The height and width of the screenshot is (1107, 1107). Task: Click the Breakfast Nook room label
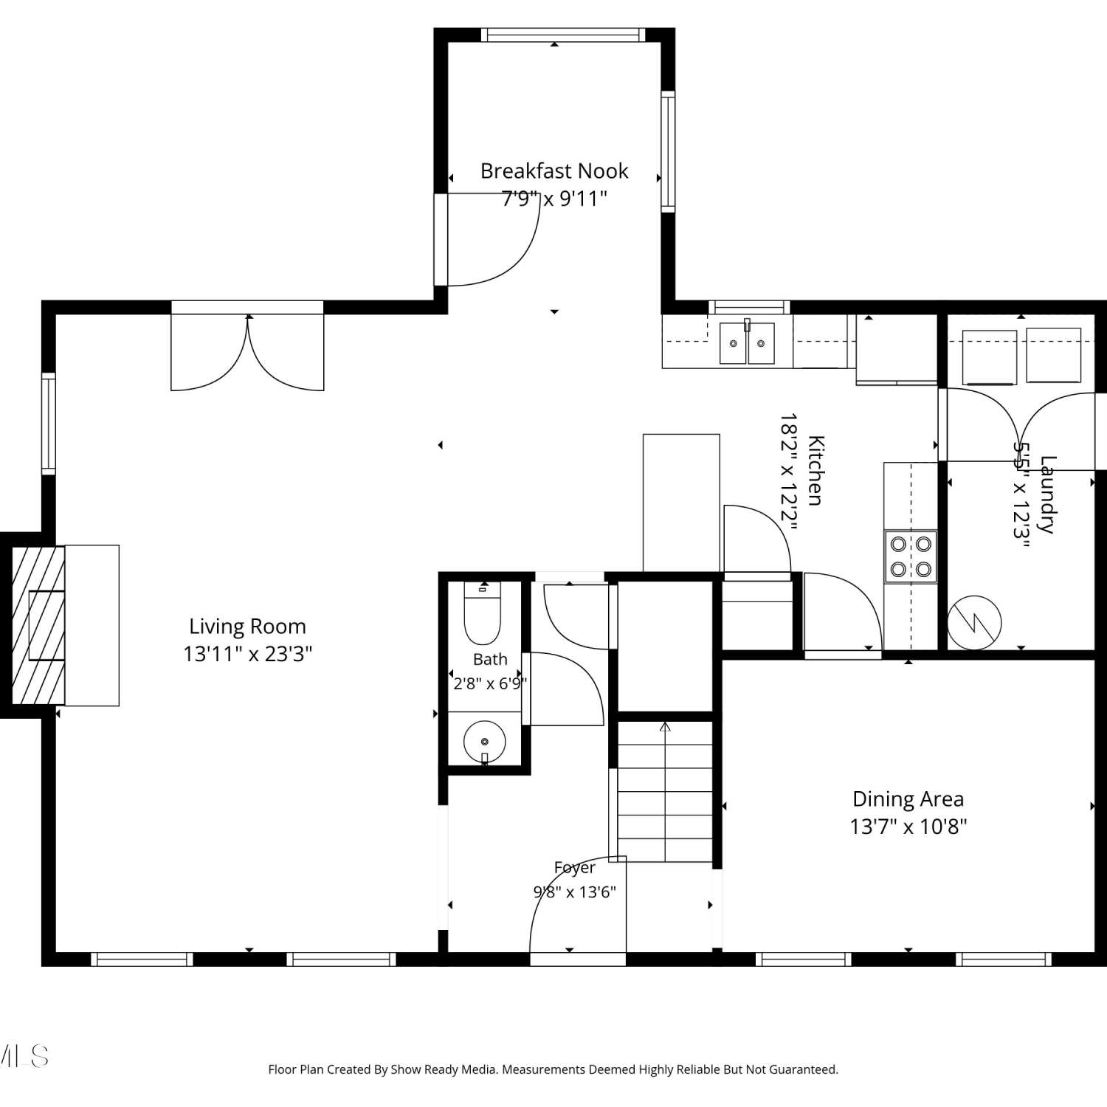[x=554, y=171]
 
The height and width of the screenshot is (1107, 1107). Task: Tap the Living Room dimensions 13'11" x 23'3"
[x=248, y=654]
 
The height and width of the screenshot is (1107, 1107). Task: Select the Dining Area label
[x=908, y=799]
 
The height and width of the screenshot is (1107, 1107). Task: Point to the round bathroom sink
[x=484, y=742]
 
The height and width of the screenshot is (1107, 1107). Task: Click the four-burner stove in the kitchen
[x=911, y=557]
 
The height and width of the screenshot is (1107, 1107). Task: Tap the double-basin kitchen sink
[x=748, y=343]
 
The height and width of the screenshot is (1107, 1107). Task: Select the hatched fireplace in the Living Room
[x=38, y=625]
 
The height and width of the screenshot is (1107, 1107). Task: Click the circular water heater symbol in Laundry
[x=974, y=622]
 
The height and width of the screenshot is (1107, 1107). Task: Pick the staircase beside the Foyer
[x=665, y=791]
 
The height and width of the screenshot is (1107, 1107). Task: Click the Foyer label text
[x=575, y=868]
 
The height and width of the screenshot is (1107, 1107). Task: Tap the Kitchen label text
[x=815, y=470]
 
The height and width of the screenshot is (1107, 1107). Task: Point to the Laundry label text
[x=1047, y=494]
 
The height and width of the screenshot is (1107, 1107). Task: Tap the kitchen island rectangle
[x=681, y=503]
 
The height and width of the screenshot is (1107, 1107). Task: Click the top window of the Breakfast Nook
[x=563, y=35]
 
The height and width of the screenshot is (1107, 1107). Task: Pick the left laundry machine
[x=989, y=358]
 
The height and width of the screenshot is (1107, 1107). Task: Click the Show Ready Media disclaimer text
[x=553, y=1069]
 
